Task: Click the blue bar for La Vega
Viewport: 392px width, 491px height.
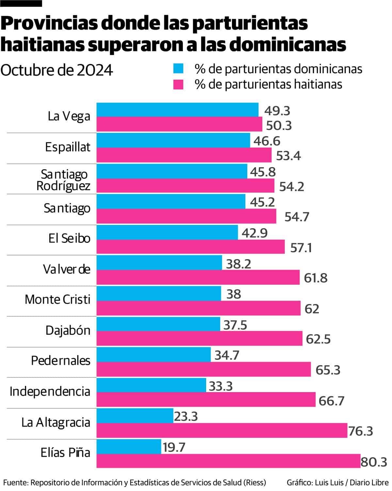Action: (177, 110)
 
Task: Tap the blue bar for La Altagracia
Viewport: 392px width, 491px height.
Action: (135, 416)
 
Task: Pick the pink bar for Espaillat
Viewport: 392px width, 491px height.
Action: (184, 155)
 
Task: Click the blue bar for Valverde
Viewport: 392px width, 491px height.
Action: (159, 262)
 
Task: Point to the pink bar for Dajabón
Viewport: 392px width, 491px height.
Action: (200, 338)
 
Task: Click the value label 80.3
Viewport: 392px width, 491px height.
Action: (374, 462)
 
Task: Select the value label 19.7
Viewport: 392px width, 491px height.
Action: (174, 447)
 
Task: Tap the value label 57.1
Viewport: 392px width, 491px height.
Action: (301, 248)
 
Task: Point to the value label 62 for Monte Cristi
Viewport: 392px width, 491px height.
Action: (312, 309)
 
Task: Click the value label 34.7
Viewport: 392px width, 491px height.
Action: (227, 355)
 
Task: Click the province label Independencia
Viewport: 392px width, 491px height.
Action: (50, 391)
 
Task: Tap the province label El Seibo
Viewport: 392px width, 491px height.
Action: (69, 238)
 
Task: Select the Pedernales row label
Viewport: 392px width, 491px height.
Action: (60, 360)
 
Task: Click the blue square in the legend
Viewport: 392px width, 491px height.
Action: (178, 69)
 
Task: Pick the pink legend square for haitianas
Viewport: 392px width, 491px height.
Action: (178, 84)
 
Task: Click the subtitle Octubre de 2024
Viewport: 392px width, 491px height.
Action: (57, 70)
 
